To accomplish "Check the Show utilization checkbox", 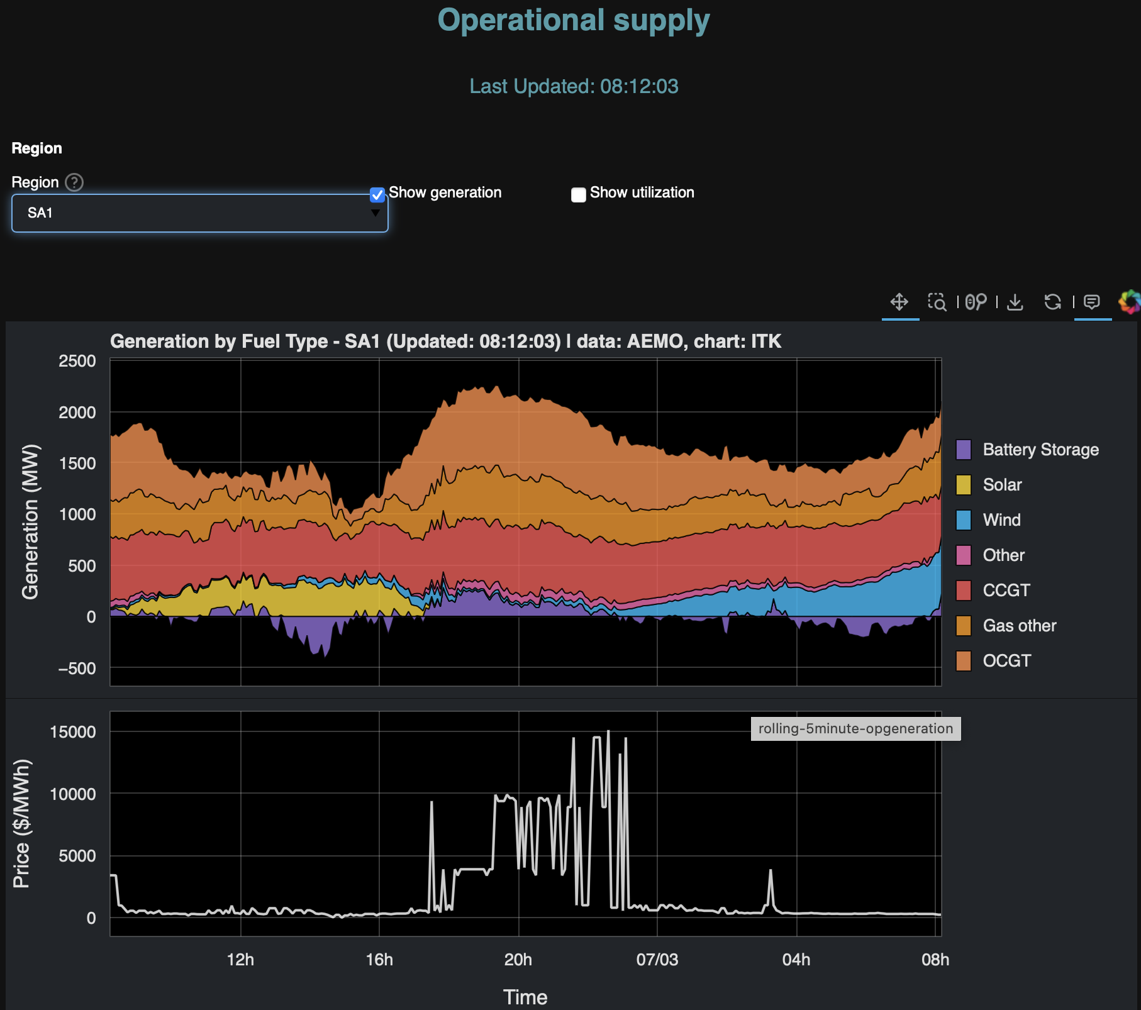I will (579, 194).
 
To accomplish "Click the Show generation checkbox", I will (377, 194).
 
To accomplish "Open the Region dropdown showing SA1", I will (199, 213).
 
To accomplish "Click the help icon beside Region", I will (74, 182).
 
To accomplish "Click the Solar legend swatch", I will (964, 485).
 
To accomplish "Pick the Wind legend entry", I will (1001, 520).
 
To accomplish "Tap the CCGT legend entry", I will (1006, 591).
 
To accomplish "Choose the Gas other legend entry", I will (1019, 626).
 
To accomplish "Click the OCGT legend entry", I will (1006, 661).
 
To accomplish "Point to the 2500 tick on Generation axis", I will (77, 361).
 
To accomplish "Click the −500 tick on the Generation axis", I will (77, 668).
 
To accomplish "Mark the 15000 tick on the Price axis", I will (73, 732).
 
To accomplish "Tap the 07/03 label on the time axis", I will (657, 960).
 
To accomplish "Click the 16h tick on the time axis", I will (379, 960).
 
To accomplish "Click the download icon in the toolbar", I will (1015, 302).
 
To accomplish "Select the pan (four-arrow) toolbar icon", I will (899, 302).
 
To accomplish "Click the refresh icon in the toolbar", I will (1052, 302).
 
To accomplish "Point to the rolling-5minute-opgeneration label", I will (855, 729).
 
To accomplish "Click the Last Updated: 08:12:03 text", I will (574, 86).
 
